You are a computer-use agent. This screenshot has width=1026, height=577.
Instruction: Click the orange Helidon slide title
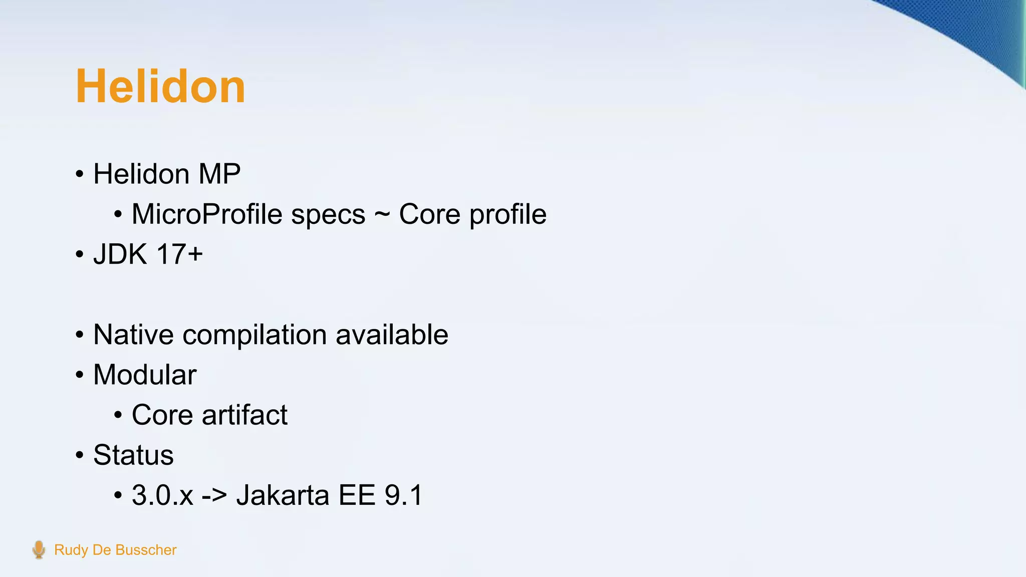coord(160,87)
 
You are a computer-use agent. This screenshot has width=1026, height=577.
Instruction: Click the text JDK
coord(120,254)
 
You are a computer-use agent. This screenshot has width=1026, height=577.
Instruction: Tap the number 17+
coord(179,254)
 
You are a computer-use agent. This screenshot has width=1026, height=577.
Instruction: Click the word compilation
coord(254,336)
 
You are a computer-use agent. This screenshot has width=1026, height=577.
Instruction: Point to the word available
coord(392,335)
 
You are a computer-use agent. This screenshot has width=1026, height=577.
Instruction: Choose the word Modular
coord(145,375)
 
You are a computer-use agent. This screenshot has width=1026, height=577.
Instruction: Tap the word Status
coord(133,455)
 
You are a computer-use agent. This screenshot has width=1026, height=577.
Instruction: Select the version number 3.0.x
coord(162,495)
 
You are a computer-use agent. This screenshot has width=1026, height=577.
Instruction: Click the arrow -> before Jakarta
coord(214,496)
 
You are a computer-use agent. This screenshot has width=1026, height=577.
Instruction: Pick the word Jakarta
coord(283,495)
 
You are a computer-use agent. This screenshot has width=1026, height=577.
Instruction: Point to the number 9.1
coord(403,495)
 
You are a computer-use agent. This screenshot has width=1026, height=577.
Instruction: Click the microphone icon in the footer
coord(39,549)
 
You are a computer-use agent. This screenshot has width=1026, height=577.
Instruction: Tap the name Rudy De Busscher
coord(115,550)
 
